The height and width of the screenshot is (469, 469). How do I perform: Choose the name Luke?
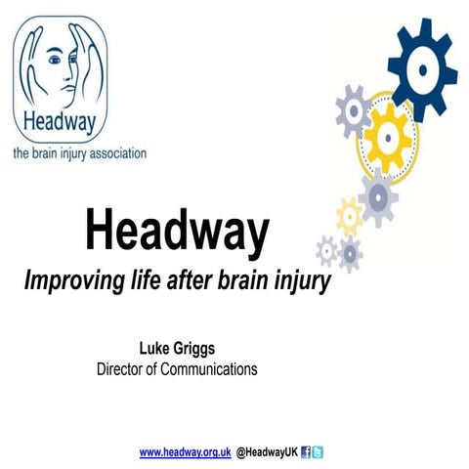click(x=160, y=349)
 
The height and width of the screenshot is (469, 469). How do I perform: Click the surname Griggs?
click(x=202, y=349)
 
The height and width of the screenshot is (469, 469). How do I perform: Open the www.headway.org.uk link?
click(x=185, y=452)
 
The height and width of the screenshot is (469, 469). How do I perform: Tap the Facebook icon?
click(x=306, y=452)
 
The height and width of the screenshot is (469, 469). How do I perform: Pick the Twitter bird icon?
click(x=318, y=452)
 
